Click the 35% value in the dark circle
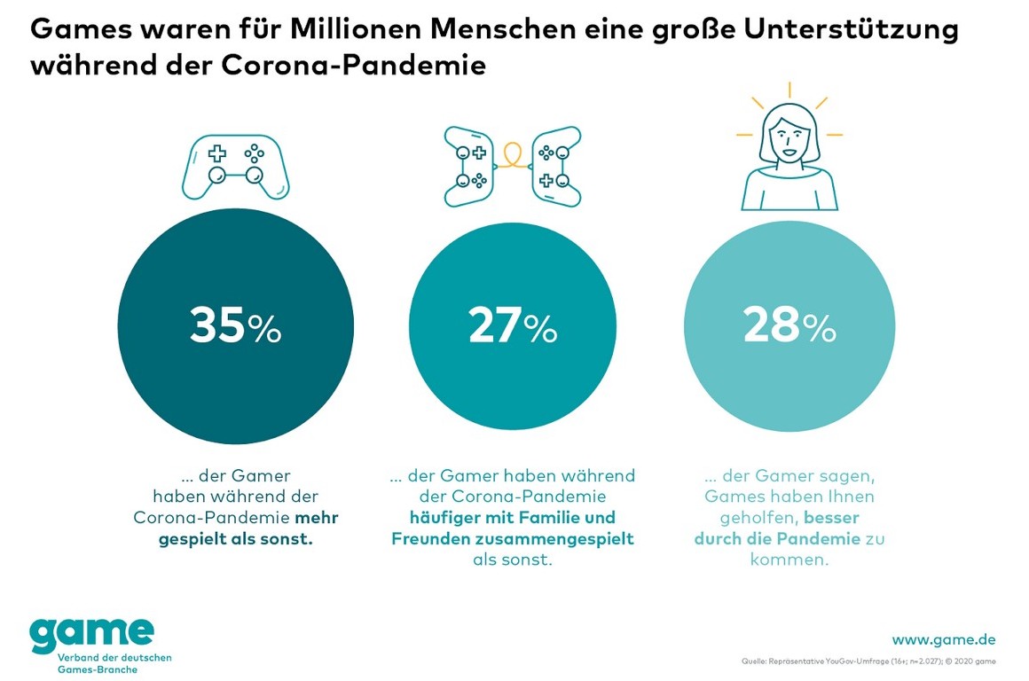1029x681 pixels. pos(235,326)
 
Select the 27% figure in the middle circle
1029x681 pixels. pos(513,326)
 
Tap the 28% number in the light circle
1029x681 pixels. pos(789,326)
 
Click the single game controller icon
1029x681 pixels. pos(235,166)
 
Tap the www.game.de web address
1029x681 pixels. pos(943,639)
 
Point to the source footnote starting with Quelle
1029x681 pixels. pos(868,661)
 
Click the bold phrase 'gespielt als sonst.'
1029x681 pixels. pos(236,538)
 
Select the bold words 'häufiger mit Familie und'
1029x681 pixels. pos(513,517)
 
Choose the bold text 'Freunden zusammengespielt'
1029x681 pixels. pos(513,538)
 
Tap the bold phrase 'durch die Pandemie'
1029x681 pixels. pos(777,538)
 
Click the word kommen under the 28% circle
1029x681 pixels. pos(789,560)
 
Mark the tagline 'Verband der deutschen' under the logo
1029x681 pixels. pos(114,657)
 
